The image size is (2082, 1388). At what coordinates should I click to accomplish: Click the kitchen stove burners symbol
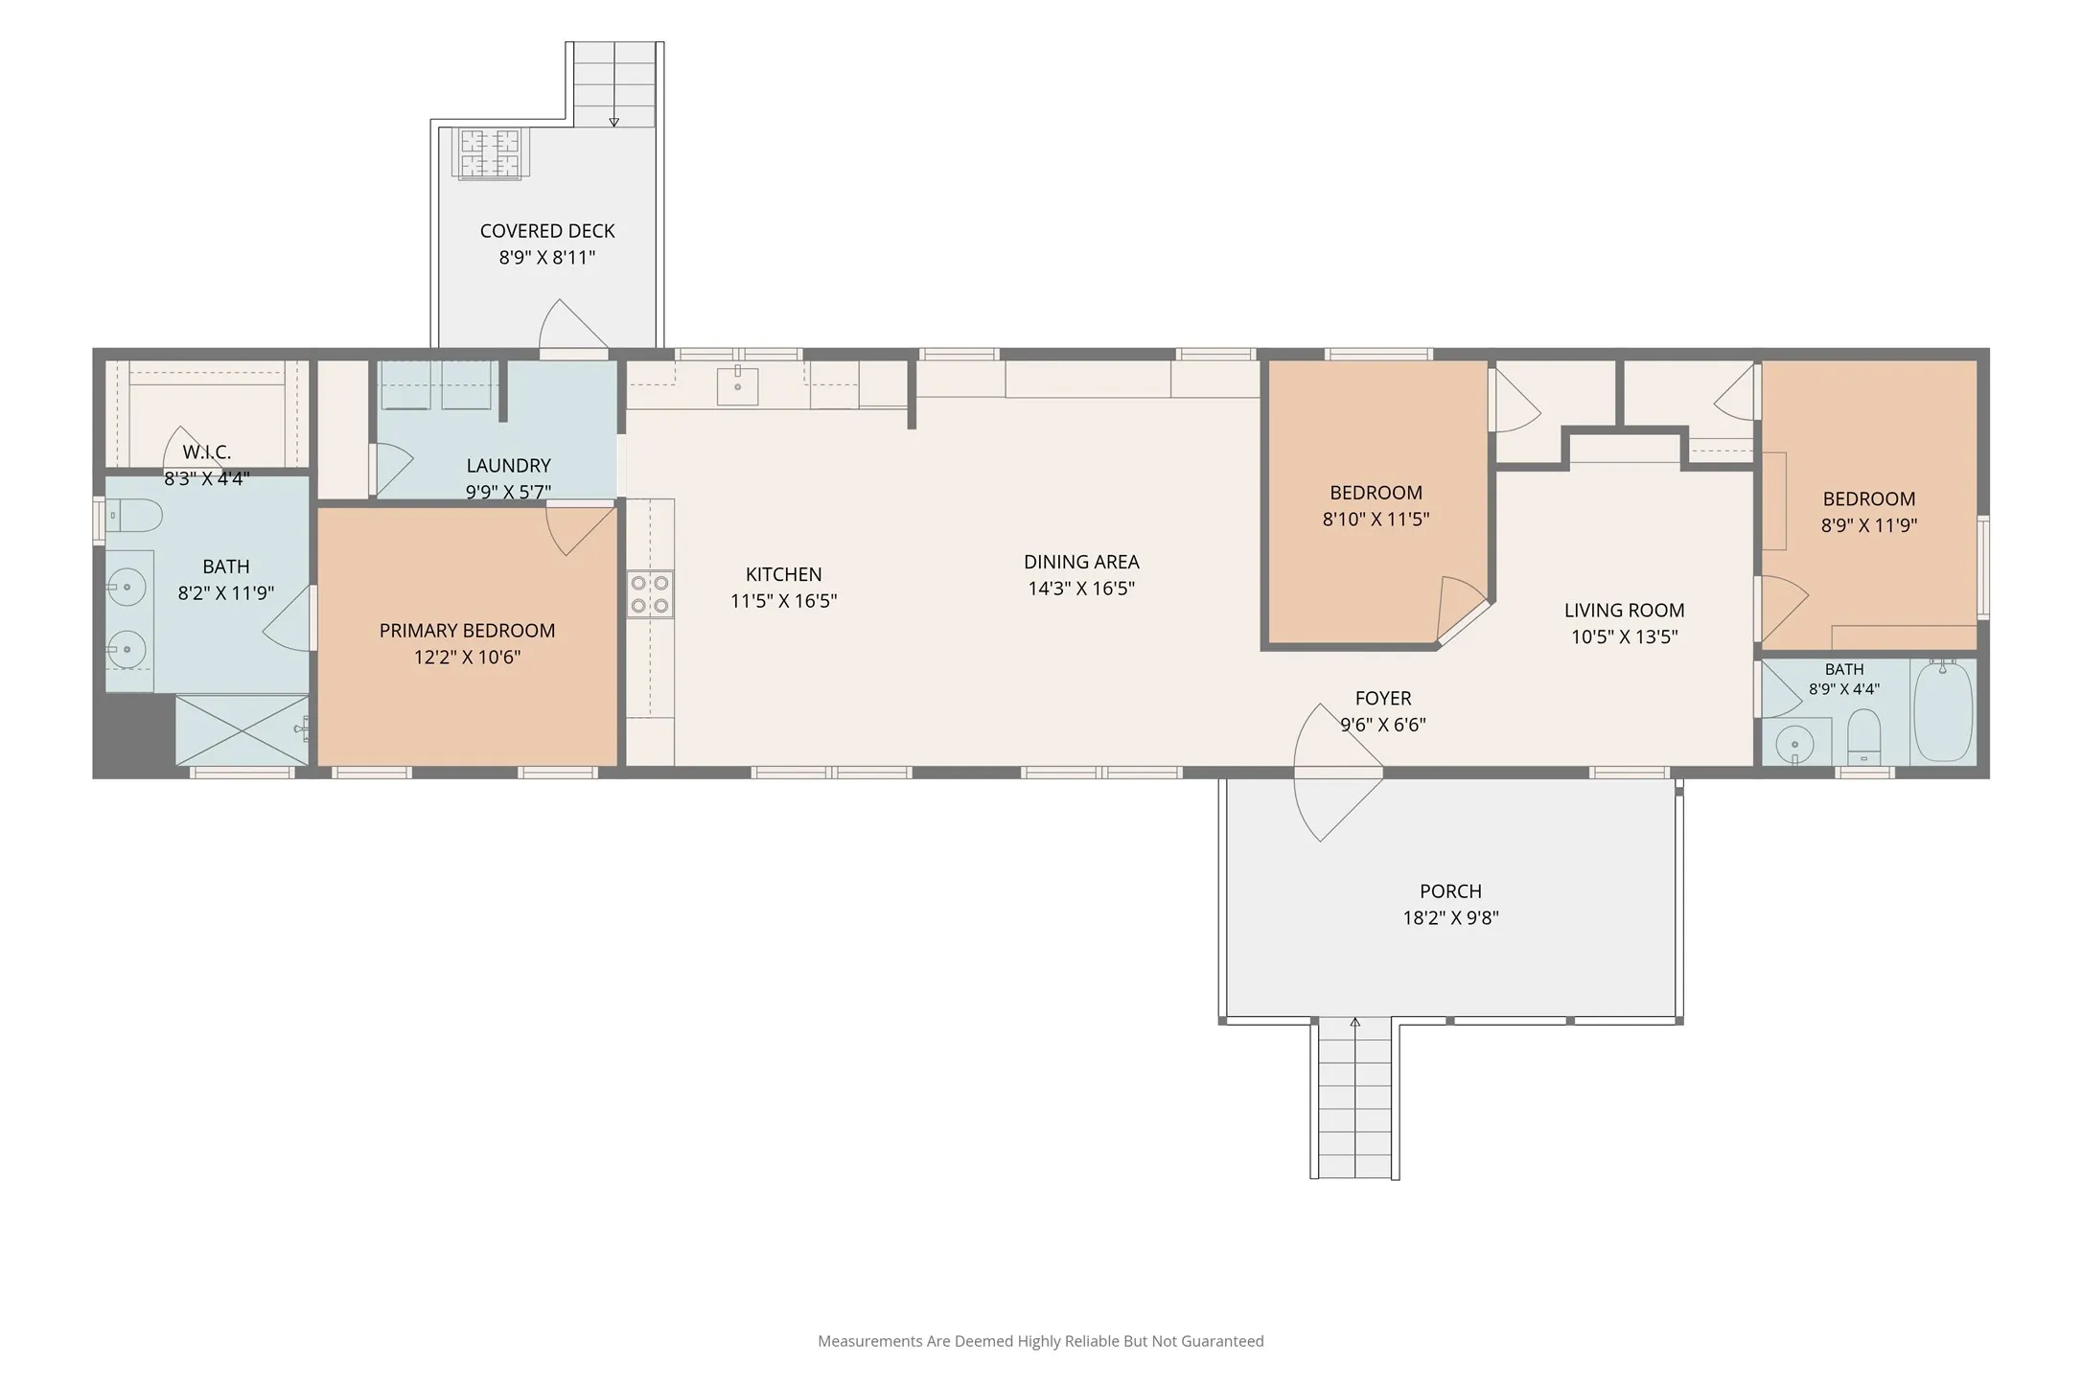pyautogui.click(x=650, y=593)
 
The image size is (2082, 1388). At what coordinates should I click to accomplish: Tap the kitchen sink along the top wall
pyautogui.click(x=737, y=385)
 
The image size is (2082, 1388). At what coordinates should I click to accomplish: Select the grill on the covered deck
pyautogui.click(x=490, y=154)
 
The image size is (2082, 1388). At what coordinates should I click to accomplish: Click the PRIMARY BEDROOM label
pyautogui.click(x=467, y=631)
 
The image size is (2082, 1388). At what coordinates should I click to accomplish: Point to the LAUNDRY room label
pyautogui.click(x=508, y=466)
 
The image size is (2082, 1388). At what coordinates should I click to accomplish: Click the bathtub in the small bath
pyautogui.click(x=1943, y=710)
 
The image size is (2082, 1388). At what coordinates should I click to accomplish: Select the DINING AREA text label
pyautogui.click(x=1081, y=563)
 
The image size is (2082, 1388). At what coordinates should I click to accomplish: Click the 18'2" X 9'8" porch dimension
pyautogui.click(x=1450, y=918)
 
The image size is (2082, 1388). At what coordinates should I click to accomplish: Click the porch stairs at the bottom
pyautogui.click(x=1354, y=1099)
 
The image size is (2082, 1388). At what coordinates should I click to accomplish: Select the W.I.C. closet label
pyautogui.click(x=206, y=452)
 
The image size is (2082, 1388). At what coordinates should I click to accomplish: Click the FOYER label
pyautogui.click(x=1383, y=699)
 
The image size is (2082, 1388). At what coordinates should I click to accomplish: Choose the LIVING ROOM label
pyautogui.click(x=1624, y=611)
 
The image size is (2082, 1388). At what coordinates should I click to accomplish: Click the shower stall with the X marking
pyautogui.click(x=243, y=729)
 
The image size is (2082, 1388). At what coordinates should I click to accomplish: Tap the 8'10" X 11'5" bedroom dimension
pyautogui.click(x=1376, y=520)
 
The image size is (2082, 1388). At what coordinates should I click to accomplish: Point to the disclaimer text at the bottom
pyautogui.click(x=1041, y=1341)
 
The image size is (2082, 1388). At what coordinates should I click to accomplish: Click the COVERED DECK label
pyautogui.click(x=547, y=231)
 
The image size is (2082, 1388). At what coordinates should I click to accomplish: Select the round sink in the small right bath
pyautogui.click(x=1794, y=743)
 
